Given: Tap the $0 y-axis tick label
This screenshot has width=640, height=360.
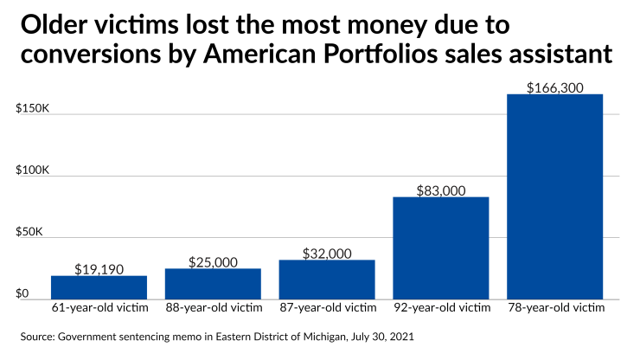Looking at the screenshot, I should pos(22,294).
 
